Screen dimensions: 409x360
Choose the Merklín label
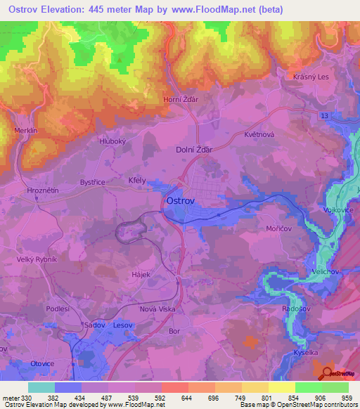point(25,130)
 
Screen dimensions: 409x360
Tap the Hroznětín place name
point(27,190)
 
